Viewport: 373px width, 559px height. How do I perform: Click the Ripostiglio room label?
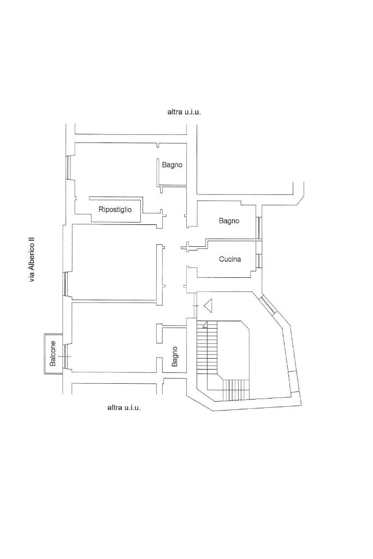[115, 210]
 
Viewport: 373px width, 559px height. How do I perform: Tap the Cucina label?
[230, 259]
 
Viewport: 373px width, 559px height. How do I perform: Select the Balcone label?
[53, 354]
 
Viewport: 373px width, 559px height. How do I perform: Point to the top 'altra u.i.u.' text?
[184, 112]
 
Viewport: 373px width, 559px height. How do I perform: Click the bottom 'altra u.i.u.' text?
[124, 407]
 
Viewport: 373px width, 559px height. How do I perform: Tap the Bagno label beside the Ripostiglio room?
[172, 165]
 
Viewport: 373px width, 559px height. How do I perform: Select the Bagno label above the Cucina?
[229, 221]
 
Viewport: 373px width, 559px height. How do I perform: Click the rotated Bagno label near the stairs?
[174, 356]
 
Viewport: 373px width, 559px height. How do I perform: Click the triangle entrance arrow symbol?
[208, 306]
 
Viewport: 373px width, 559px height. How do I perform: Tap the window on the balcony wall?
[65, 356]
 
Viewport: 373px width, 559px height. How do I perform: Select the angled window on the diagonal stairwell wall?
[268, 304]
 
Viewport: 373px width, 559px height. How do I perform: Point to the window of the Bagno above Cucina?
[259, 228]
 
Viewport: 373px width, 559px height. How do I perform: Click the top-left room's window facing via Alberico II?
[68, 167]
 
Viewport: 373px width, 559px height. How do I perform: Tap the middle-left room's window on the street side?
[64, 284]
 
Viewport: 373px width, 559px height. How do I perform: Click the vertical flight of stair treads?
[207, 347]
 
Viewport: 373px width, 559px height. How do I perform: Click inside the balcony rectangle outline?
[53, 354]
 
